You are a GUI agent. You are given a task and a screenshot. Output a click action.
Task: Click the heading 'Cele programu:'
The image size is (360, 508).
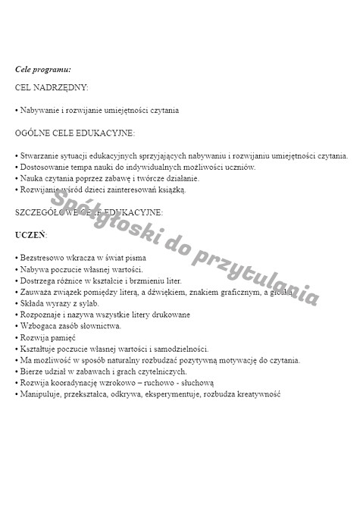click(x=43, y=69)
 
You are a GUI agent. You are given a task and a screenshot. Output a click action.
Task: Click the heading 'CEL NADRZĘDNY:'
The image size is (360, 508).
click(x=52, y=87)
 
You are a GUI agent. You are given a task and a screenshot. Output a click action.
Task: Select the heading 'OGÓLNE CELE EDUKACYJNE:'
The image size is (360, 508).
click(x=74, y=133)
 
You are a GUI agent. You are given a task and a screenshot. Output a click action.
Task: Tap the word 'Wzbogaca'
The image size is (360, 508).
click(x=37, y=326)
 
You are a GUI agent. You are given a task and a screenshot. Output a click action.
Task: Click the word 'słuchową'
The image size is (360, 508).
click(x=198, y=383)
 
